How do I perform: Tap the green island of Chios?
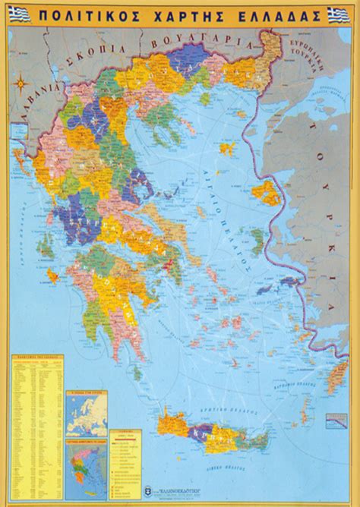[257, 242]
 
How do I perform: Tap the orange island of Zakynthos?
[53, 274]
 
